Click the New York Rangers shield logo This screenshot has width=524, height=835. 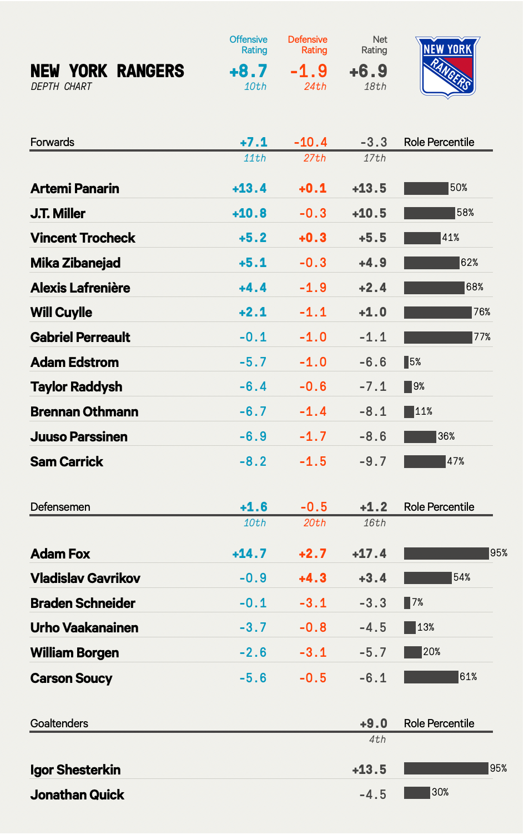(x=447, y=67)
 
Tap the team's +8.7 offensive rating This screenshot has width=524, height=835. (x=248, y=71)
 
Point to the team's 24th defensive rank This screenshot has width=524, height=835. (x=315, y=87)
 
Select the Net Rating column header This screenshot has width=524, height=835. (x=374, y=44)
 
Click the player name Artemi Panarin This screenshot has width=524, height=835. (x=75, y=189)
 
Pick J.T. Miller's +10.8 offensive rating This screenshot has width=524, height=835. (x=249, y=213)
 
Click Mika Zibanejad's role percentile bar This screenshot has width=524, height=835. (x=431, y=263)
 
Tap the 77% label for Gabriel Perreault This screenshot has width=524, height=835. (x=482, y=337)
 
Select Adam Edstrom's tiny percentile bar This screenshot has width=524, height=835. (x=406, y=362)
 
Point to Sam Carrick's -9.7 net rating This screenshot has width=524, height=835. (x=372, y=461)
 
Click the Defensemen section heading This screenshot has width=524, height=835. (x=60, y=507)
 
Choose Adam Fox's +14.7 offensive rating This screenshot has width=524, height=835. (x=249, y=554)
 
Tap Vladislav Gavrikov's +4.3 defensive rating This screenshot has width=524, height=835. (x=313, y=578)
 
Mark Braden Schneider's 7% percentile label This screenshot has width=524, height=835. (x=417, y=602)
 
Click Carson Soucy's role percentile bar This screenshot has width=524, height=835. (x=431, y=677)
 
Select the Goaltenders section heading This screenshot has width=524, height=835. (x=59, y=723)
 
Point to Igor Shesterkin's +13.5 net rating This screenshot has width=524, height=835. (x=369, y=769)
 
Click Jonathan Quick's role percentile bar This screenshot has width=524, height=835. (x=417, y=792)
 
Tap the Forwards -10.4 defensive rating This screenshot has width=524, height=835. (x=310, y=143)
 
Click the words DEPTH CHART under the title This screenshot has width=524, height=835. (x=61, y=87)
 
